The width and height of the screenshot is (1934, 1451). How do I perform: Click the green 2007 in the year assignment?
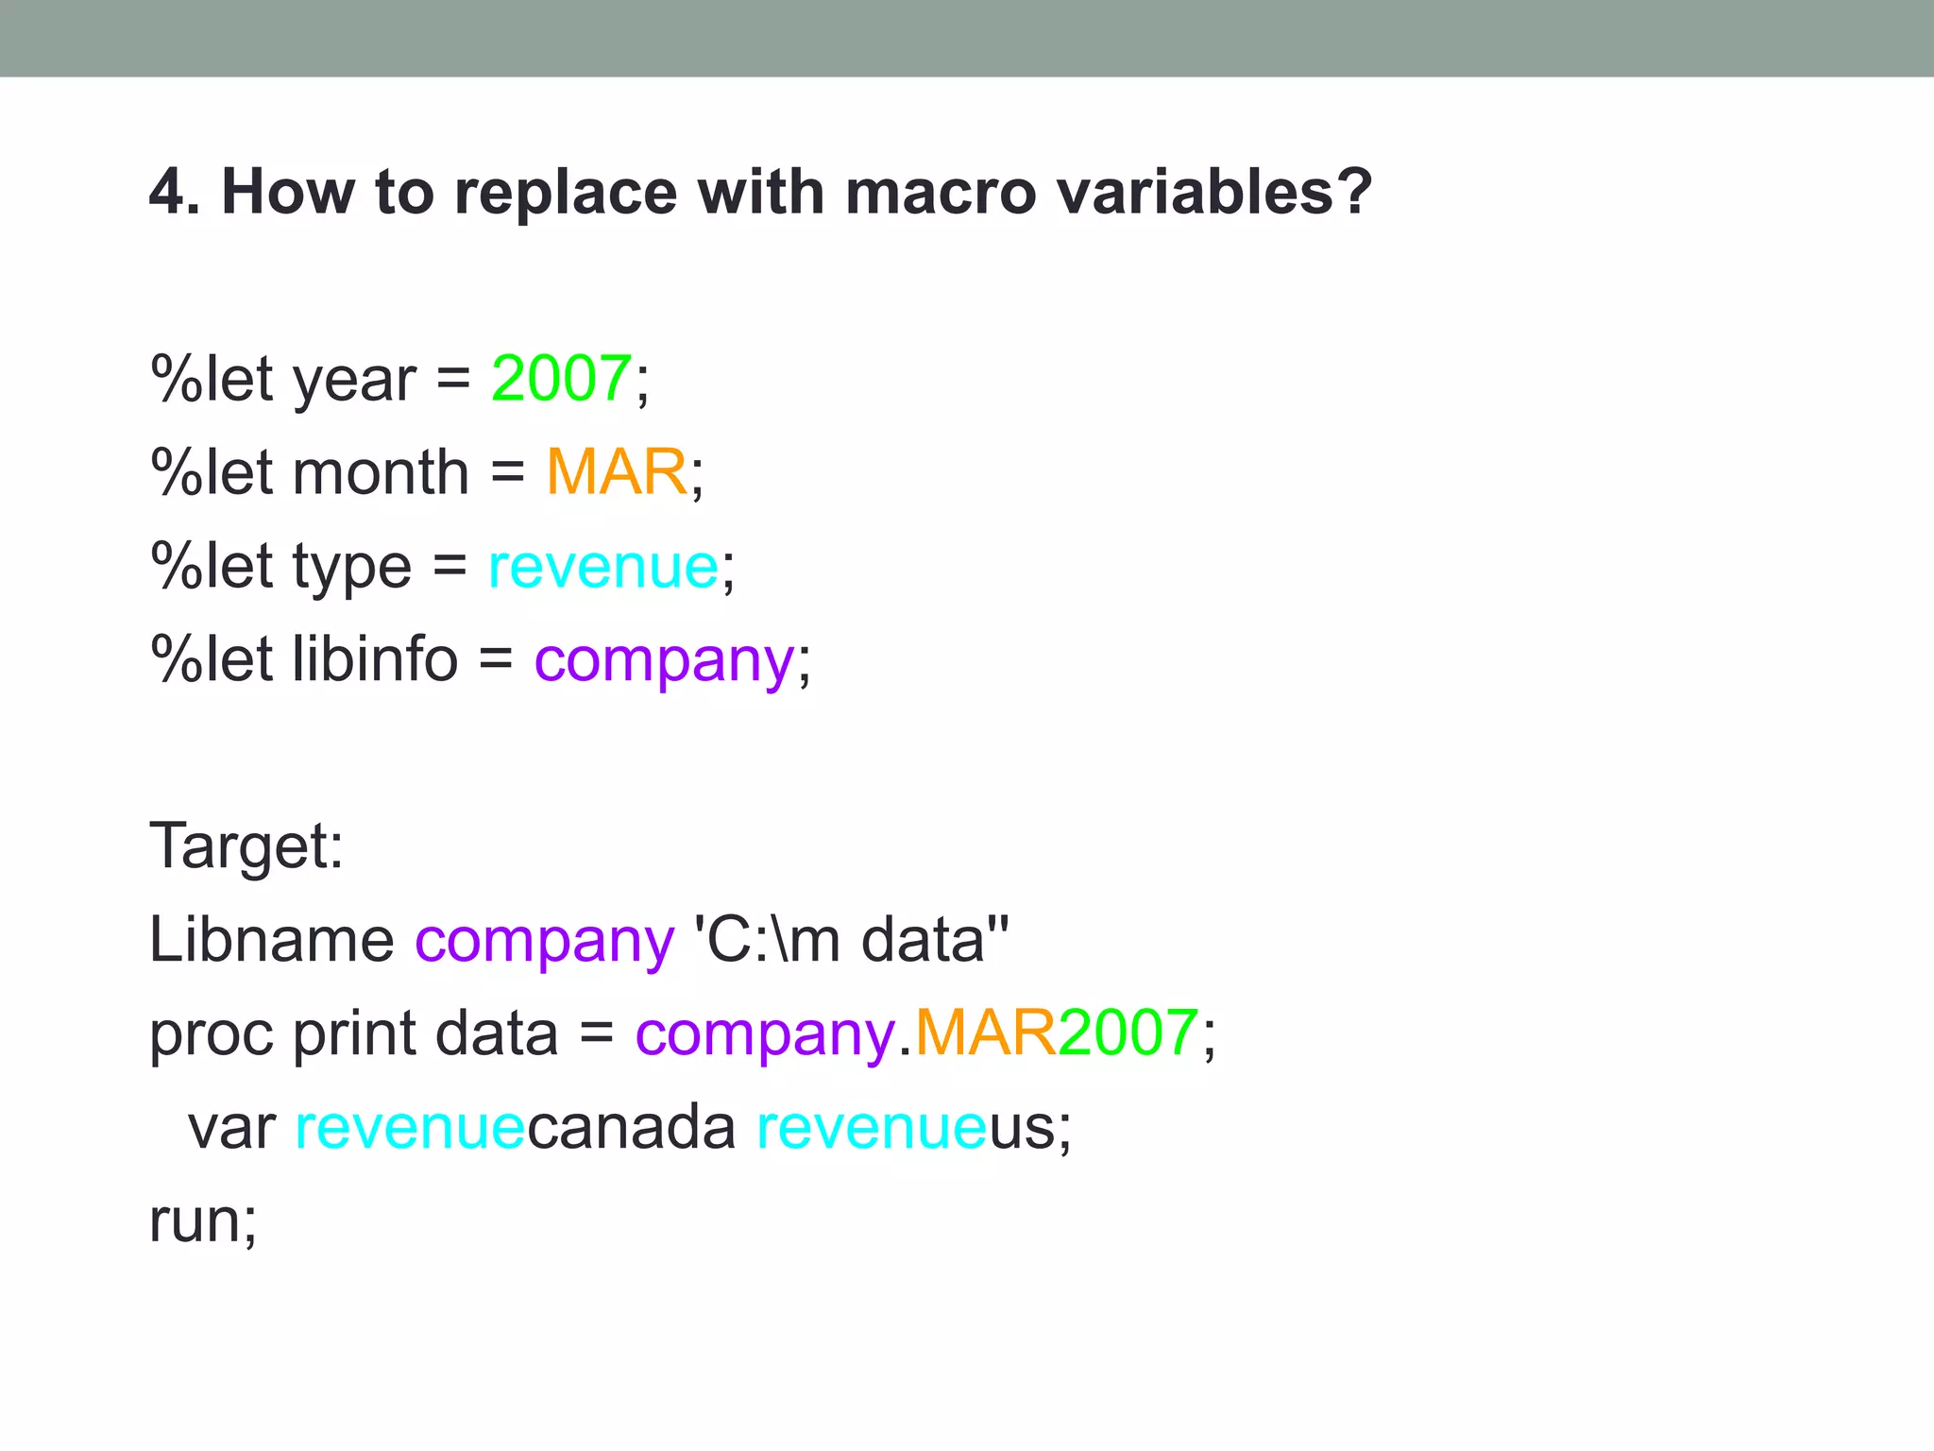click(561, 379)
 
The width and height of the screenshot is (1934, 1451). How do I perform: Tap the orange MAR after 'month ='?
click(616, 472)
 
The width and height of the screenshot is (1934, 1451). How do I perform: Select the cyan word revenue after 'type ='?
click(602, 567)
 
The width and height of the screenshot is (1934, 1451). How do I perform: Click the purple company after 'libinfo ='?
click(664, 660)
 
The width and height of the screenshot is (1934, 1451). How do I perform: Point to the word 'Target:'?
click(246, 845)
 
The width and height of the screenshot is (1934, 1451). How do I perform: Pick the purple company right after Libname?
click(545, 941)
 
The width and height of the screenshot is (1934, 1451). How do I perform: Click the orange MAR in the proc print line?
click(985, 1033)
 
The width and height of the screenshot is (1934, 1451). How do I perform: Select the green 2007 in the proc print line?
click(1128, 1033)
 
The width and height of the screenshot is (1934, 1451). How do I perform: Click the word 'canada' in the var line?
click(631, 1127)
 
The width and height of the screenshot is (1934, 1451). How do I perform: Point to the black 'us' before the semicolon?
click(1023, 1129)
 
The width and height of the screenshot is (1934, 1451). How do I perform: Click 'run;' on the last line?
click(203, 1221)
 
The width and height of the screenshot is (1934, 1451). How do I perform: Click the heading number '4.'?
click(175, 192)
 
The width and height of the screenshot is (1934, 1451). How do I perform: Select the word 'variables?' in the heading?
click(1213, 192)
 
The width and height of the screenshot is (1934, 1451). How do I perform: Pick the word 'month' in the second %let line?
click(381, 472)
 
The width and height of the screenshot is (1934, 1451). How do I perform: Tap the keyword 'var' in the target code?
click(231, 1127)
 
